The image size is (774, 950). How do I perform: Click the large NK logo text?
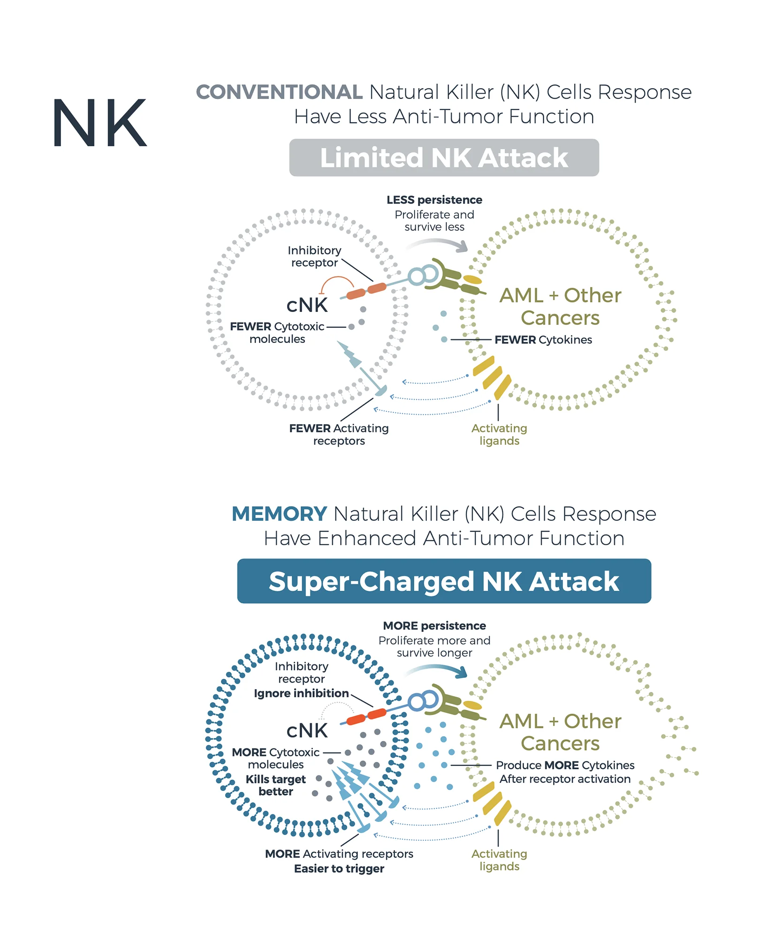99,123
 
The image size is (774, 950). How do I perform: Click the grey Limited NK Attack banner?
444,158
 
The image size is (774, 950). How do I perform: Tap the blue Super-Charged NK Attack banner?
444,581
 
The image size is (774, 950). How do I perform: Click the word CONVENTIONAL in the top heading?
279,92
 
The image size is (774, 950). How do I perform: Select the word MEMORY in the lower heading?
279,514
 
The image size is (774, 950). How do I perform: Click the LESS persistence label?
434,200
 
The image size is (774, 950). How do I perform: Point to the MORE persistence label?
434,626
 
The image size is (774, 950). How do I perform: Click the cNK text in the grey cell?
307,305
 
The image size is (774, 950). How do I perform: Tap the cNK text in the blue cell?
307,730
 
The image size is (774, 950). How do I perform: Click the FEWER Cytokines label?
543,340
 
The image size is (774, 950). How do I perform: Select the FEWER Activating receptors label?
339,434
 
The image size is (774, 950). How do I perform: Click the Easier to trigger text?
339,869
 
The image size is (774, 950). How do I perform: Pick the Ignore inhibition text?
301,693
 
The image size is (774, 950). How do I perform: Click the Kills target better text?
276,785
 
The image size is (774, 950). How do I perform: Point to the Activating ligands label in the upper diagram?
499,434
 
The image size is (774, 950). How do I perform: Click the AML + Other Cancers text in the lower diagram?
560,732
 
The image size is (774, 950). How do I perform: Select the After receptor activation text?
565,779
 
